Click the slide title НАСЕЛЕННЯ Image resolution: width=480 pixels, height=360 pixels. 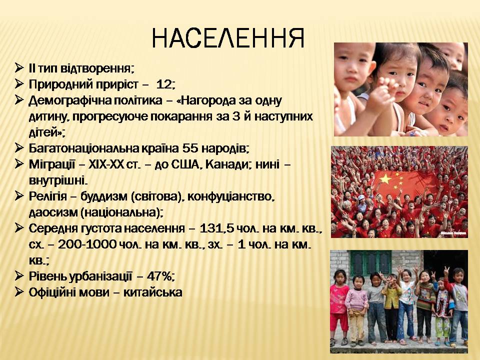pyautogui.click(x=228, y=38)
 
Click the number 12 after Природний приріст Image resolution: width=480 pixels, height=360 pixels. pyautogui.click(x=164, y=84)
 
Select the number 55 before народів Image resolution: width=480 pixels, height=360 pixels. pyautogui.click(x=190, y=148)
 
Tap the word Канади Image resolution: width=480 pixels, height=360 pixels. pyautogui.click(x=226, y=164)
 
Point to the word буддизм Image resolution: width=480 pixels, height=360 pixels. pyautogui.click(x=104, y=196)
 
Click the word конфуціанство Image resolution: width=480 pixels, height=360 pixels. pyautogui.click(x=229, y=196)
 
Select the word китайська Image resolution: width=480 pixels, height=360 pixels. pyautogui.click(x=153, y=292)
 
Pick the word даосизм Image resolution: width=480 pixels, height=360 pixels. pyautogui.click(x=53, y=212)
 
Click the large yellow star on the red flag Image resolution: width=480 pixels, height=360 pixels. pyautogui.click(x=386, y=178)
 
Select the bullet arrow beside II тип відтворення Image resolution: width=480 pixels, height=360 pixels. pyautogui.click(x=19, y=67)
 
